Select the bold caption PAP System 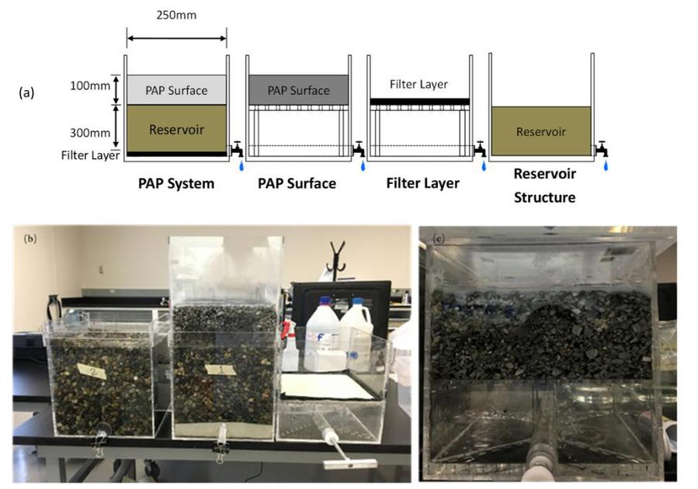click(x=176, y=184)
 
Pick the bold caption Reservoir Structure click(x=544, y=186)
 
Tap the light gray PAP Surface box click(x=177, y=90)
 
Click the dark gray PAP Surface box click(x=298, y=90)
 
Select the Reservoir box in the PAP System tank click(x=177, y=129)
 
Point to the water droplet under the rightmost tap click(x=606, y=165)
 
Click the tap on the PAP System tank click(x=235, y=148)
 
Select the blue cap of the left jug click(x=326, y=300)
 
